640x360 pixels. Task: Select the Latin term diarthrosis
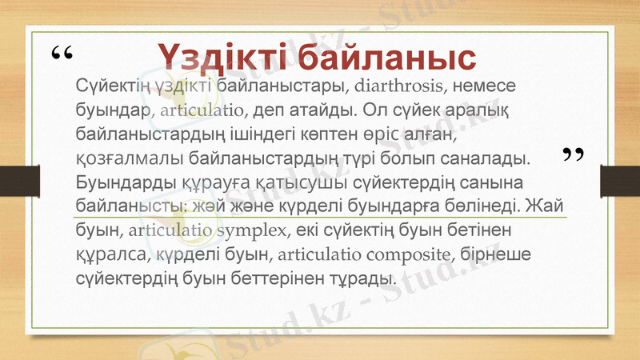point(398,85)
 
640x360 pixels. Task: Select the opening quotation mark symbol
point(61,56)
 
